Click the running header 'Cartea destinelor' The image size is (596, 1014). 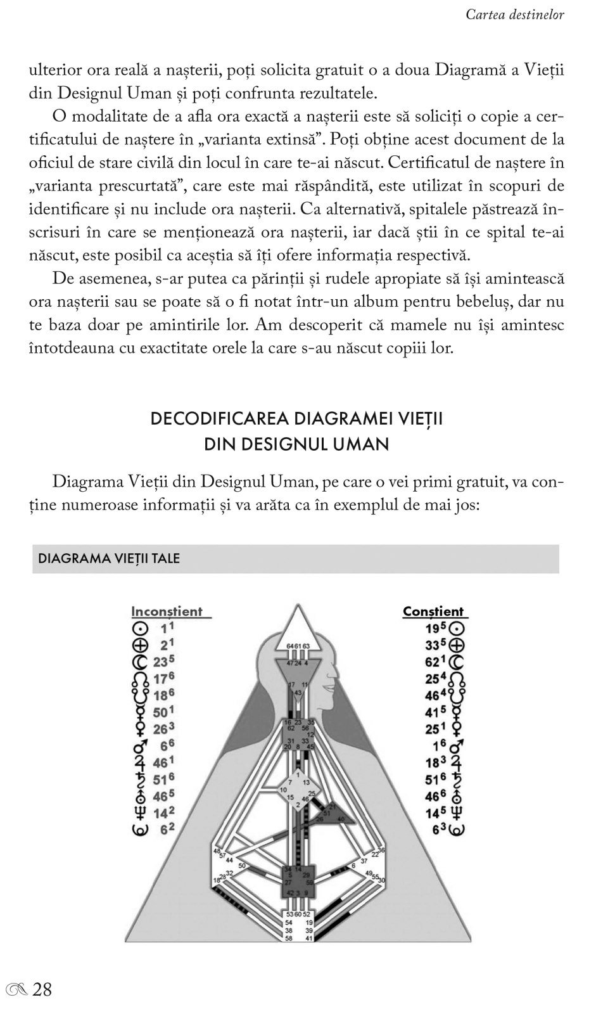point(514,14)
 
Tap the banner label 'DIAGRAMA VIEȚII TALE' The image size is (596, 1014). point(109,558)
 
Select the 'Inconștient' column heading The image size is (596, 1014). point(167,612)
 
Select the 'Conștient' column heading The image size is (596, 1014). point(433,612)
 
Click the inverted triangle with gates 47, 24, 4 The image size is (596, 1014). point(297,669)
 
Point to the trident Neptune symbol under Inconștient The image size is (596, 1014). point(139,812)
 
